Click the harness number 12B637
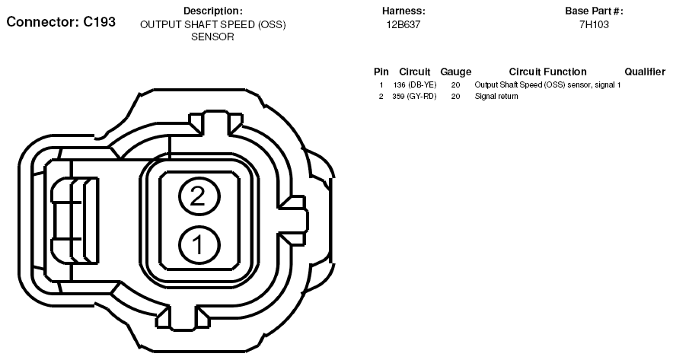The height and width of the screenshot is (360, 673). (x=403, y=24)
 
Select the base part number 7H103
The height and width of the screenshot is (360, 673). (x=594, y=24)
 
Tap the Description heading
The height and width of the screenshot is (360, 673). (x=212, y=11)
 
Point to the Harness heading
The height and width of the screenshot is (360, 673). (x=403, y=11)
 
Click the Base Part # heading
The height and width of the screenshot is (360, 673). (x=594, y=11)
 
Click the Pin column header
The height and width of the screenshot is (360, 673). (x=381, y=72)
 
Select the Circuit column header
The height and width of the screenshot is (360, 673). (x=415, y=72)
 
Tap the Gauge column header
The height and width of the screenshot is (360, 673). (x=456, y=72)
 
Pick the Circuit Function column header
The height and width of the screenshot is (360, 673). (x=547, y=72)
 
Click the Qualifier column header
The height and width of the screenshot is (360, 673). (x=645, y=72)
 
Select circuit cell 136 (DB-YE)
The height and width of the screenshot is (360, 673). (x=415, y=84)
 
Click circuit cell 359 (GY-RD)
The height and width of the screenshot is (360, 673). (x=415, y=97)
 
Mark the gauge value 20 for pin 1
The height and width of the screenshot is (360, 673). (x=455, y=84)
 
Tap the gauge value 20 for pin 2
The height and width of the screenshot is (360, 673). (x=455, y=97)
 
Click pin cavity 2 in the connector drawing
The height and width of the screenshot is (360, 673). (x=199, y=198)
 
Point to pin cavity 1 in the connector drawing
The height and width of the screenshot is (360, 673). (x=199, y=245)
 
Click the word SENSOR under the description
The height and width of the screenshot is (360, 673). (x=212, y=37)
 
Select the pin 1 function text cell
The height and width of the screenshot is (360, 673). (x=547, y=84)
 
